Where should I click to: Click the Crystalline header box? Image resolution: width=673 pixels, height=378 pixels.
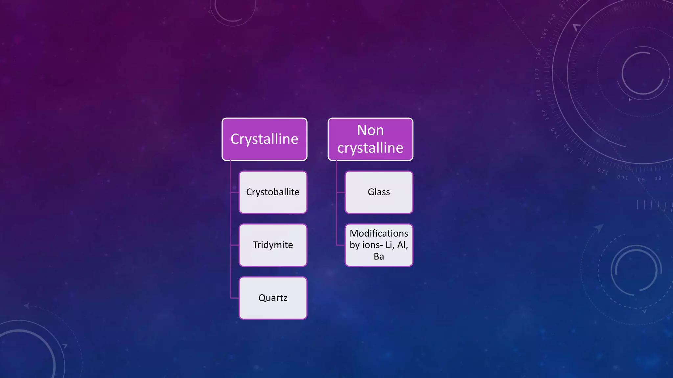click(264, 139)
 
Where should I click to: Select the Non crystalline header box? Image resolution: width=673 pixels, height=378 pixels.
click(370, 139)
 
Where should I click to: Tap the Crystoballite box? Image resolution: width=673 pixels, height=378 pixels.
click(273, 192)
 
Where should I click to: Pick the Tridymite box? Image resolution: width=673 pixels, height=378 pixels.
click(273, 245)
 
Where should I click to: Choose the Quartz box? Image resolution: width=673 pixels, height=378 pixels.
click(273, 298)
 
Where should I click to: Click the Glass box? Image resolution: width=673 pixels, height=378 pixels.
click(379, 192)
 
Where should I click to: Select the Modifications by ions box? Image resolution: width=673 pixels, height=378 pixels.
click(379, 245)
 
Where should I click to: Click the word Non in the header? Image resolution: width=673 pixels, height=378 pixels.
click(370, 130)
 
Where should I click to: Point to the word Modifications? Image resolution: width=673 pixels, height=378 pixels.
click(379, 233)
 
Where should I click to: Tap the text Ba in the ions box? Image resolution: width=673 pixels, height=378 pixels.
click(379, 257)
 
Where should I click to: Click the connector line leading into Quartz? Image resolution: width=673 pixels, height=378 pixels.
click(235, 298)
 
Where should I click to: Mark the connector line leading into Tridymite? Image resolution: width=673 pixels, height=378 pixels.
click(235, 245)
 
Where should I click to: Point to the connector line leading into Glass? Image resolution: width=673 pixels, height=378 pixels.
click(341, 192)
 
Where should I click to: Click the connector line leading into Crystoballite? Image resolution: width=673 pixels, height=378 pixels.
click(235, 192)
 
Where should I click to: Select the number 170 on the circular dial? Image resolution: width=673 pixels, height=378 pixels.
click(537, 74)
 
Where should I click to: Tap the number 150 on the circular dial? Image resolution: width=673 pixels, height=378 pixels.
click(544, 115)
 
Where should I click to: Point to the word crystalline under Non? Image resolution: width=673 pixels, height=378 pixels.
click(370, 148)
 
